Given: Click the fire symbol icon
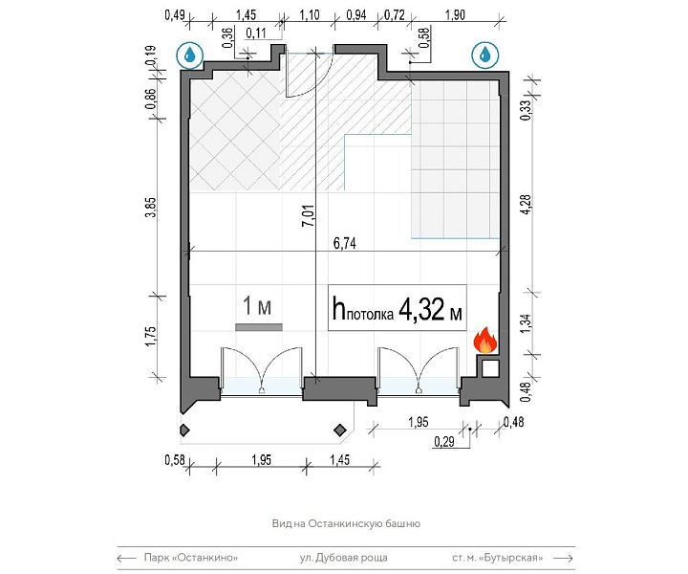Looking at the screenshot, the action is click(x=484, y=340).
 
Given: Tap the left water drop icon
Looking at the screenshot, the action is click(x=190, y=55).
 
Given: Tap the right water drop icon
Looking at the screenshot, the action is click(x=485, y=55).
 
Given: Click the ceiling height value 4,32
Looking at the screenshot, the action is click(x=421, y=309).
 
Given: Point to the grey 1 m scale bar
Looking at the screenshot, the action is click(x=259, y=327).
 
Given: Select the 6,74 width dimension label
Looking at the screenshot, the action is click(x=344, y=243).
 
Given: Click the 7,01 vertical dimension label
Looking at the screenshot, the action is click(x=309, y=215).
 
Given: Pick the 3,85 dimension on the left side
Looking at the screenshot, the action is click(x=151, y=207).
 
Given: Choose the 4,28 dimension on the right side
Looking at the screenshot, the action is click(x=526, y=204).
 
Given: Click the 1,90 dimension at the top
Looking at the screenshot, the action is click(x=455, y=15).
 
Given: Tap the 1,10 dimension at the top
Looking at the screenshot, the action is click(x=310, y=15).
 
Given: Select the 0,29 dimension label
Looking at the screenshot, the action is click(x=444, y=441).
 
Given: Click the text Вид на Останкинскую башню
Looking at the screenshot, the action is click(x=346, y=523).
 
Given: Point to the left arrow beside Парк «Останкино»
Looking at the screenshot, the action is click(x=127, y=558).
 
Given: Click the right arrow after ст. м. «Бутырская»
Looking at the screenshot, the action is click(x=564, y=558).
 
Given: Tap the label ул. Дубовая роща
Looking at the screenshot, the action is click(x=344, y=558).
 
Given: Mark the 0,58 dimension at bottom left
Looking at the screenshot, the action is click(x=175, y=460).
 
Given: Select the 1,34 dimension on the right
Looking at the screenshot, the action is click(x=527, y=322).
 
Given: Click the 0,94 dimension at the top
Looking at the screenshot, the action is click(x=355, y=15).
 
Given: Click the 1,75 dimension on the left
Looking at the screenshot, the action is click(x=151, y=337).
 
